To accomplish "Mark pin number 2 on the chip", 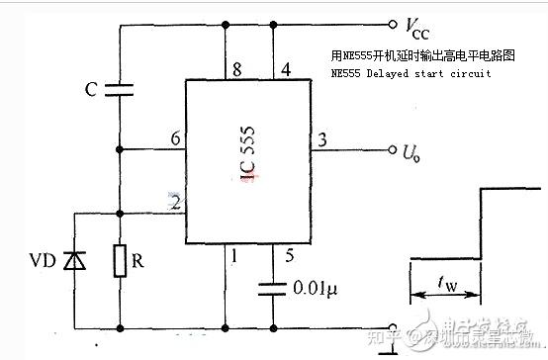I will (174, 203).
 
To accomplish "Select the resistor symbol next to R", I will (120, 261).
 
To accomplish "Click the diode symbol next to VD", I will (70, 261).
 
